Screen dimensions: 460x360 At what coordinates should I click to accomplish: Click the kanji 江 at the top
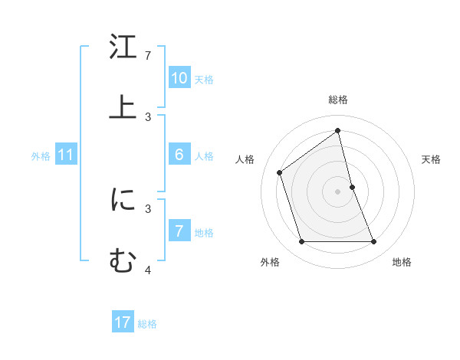(123, 48)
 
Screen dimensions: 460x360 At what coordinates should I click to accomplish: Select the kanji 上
(123, 107)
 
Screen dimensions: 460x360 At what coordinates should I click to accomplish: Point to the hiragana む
(123, 260)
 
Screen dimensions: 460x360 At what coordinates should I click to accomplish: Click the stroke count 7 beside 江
(148, 56)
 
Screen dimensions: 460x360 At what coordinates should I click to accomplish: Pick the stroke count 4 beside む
(148, 270)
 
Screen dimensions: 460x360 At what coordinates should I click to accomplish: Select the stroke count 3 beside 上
(148, 116)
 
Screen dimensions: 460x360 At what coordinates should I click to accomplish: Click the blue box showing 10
(179, 77)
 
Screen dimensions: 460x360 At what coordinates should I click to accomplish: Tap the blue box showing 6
(179, 155)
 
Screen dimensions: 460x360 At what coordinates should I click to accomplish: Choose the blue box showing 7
(179, 231)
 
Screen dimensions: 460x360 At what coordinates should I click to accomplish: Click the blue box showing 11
(66, 155)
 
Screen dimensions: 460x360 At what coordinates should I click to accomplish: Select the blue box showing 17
(123, 322)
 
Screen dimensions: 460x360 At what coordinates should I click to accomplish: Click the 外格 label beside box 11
(41, 156)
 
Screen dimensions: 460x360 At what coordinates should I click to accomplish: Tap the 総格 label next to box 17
(147, 324)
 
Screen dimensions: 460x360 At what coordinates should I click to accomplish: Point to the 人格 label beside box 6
(204, 156)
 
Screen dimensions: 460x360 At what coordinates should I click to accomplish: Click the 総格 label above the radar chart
(338, 100)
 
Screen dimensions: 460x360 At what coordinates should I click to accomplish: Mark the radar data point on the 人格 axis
(280, 172)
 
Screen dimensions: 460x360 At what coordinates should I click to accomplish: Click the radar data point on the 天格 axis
(352, 187)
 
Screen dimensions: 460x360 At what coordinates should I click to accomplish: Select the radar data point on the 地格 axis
(374, 242)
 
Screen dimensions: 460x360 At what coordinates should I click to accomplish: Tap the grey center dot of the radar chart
(338, 191)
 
